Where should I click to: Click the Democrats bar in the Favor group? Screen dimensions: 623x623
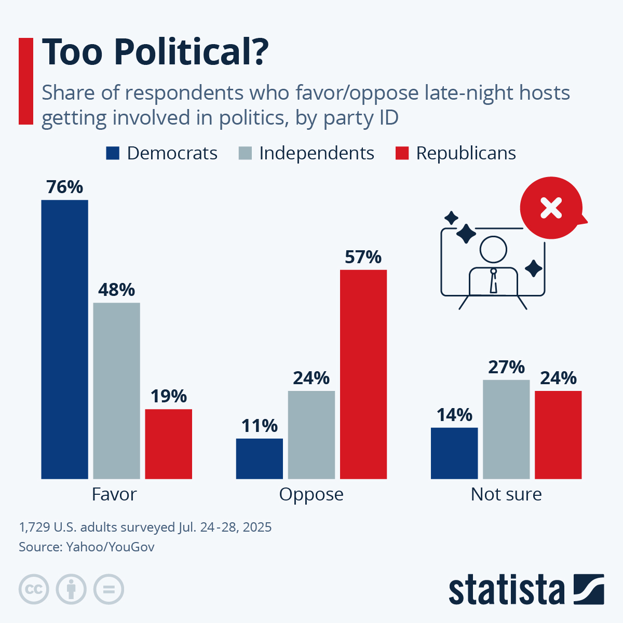[64, 339]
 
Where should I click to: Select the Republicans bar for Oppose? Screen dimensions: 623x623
[363, 374]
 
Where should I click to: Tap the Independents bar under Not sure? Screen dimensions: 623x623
[506, 429]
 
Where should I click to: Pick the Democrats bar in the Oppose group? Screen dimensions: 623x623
[259, 458]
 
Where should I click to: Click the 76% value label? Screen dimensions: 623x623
[64, 187]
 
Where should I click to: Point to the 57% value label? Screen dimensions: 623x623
[363, 257]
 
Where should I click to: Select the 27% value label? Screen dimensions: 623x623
[506, 367]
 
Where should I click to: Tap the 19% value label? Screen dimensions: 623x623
[168, 396]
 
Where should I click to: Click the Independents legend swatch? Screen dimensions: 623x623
[245, 153]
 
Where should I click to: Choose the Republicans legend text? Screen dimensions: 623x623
[466, 153]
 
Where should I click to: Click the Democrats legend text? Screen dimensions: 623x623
[172, 153]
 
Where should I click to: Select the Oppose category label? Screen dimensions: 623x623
[311, 494]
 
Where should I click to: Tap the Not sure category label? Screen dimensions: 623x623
[506, 494]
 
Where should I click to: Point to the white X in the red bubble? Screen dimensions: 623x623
[551, 209]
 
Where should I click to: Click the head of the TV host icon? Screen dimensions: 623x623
[493, 250]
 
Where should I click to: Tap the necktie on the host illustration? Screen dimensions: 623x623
[494, 281]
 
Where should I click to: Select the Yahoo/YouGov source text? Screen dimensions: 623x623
[110, 547]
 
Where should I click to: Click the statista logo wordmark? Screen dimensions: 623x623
[507, 590]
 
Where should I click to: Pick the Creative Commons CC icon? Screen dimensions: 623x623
[34, 589]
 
